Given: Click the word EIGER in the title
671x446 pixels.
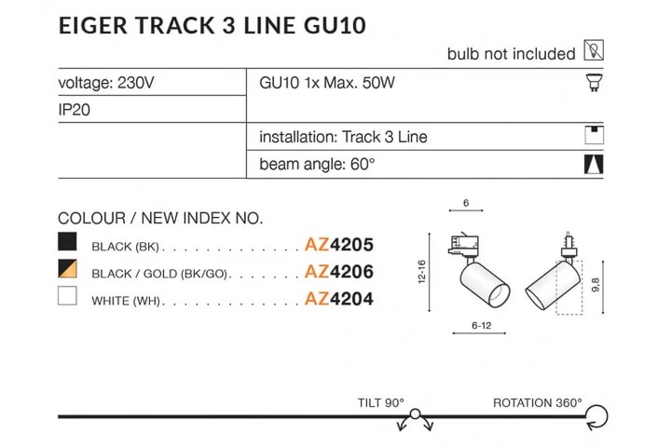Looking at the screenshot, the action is point(93,26).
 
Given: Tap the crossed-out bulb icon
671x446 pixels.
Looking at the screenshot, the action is point(594,50).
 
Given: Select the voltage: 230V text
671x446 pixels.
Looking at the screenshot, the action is point(106,83).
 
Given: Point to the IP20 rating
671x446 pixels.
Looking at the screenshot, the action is point(74,110).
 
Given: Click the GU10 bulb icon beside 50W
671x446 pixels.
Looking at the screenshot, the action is point(594,82).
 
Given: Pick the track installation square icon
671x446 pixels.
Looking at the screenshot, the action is point(594,136).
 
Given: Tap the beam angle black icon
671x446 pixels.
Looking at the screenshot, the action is point(594,164).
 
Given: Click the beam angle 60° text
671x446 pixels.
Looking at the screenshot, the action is point(317,164).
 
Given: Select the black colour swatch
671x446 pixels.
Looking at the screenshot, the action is point(67,241).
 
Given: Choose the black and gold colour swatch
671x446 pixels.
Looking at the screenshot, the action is point(67,268).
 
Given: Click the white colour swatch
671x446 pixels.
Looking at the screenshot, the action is point(67,295).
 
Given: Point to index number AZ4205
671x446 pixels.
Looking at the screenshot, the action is point(339,245).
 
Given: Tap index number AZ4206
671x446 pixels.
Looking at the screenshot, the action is point(339,272).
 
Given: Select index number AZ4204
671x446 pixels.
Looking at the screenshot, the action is point(339,299).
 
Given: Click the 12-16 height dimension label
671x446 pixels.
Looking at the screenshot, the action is point(421,272).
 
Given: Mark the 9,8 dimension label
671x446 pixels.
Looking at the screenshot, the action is point(596,285).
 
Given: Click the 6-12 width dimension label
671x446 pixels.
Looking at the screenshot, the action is point(482,325).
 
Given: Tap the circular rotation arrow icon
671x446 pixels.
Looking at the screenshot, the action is point(597,417).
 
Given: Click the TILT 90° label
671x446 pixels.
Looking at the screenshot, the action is point(381,403).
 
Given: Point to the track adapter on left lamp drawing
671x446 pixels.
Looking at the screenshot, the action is point(463,245).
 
